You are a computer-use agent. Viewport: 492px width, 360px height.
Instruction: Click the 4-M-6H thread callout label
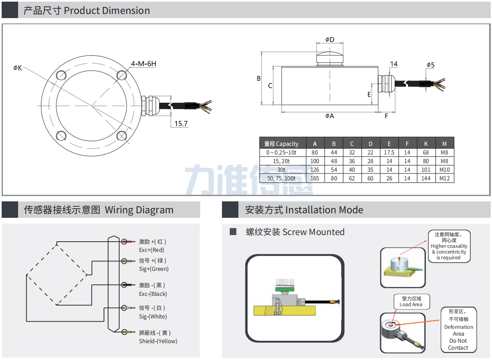[143, 64]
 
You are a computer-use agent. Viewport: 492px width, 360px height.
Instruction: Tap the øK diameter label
[17, 68]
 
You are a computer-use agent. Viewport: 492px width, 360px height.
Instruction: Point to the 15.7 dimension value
[181, 124]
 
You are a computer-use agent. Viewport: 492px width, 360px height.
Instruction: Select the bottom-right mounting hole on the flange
[122, 136]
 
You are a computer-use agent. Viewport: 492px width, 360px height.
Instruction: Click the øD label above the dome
[330, 39]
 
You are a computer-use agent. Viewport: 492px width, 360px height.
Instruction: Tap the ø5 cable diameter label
[430, 65]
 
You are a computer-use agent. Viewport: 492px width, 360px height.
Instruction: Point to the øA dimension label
[330, 116]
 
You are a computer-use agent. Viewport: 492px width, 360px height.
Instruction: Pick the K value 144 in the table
[426, 178]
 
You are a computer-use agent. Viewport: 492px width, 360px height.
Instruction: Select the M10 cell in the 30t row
[444, 170]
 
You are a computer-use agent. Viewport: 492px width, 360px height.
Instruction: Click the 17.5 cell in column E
[389, 152]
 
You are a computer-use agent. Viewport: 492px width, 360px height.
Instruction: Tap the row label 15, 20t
[282, 161]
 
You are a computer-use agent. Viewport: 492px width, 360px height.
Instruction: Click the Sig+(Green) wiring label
[154, 269]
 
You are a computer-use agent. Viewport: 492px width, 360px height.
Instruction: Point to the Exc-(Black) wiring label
[153, 294]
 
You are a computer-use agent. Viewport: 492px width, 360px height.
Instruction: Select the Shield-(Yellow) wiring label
[158, 341]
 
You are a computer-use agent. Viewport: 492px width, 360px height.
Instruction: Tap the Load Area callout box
[411, 302]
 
